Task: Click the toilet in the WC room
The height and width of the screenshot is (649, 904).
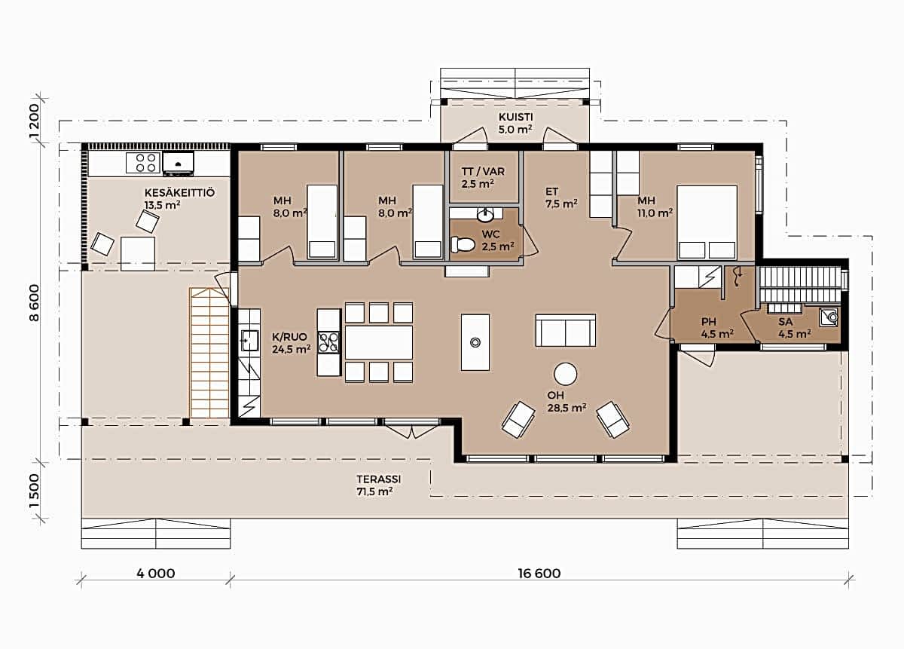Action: (x=462, y=244)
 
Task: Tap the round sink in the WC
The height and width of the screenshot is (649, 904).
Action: (x=484, y=216)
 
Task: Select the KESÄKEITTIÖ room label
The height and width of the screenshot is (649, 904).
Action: (x=179, y=193)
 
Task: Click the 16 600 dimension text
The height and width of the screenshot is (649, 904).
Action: (x=539, y=574)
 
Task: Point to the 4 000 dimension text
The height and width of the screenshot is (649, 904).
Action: (x=156, y=574)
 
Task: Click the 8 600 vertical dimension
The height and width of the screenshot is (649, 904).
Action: (x=35, y=303)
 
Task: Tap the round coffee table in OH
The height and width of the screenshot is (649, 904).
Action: (x=566, y=374)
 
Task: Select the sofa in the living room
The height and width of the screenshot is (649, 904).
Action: (x=566, y=330)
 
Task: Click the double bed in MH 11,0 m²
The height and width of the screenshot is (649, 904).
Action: (x=707, y=222)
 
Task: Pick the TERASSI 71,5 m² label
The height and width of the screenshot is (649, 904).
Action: (x=378, y=485)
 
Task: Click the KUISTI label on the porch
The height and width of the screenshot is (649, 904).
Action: (x=516, y=117)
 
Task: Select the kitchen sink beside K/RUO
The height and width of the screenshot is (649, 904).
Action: (x=250, y=340)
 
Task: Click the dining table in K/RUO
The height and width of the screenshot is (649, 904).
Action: (x=378, y=342)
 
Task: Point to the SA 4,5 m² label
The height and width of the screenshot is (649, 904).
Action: (x=795, y=328)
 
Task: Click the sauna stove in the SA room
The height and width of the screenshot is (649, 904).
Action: (x=829, y=317)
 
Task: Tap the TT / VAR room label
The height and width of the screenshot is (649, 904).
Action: (x=483, y=178)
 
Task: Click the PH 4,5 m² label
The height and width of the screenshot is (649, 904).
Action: (x=717, y=328)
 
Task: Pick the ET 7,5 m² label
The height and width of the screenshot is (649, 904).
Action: (x=561, y=197)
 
